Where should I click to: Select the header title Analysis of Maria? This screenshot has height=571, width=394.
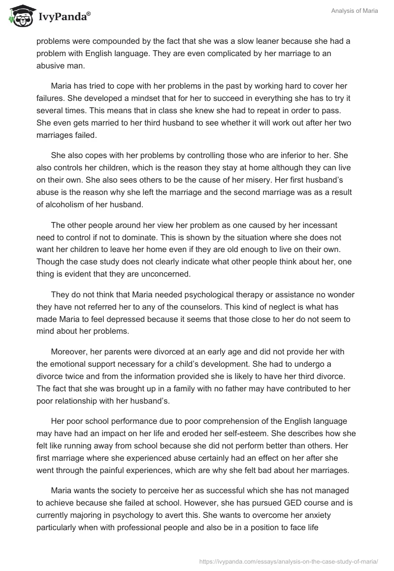[x=355, y=11]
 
